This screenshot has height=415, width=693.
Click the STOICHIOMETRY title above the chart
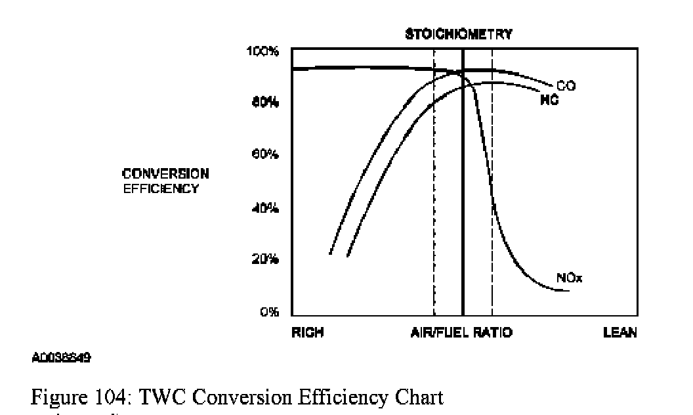(458, 34)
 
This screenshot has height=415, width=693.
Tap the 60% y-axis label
(268, 156)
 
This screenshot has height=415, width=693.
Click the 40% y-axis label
(268, 209)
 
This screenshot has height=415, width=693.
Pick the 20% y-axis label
(268, 259)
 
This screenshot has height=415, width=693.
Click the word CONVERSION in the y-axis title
(165, 174)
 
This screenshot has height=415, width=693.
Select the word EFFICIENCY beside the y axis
(161, 188)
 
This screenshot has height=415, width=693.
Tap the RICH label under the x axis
(308, 333)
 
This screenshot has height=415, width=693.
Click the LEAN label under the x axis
(620, 333)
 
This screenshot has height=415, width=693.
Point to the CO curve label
(566, 86)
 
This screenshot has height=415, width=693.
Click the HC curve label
(549, 100)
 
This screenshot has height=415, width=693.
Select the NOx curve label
(570, 278)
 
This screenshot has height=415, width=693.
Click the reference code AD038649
(61, 359)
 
